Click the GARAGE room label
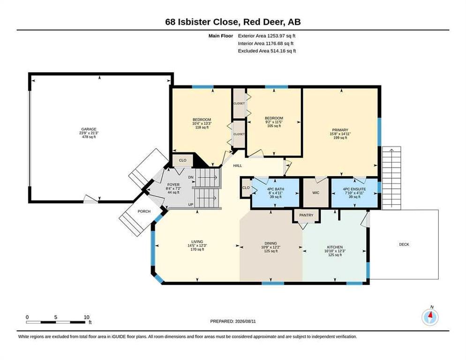click(x=89, y=129)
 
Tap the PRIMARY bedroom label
click(x=340, y=130)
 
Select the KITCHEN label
click(x=335, y=247)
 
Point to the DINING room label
click(x=271, y=243)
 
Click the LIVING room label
click(x=197, y=242)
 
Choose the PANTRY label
click(x=306, y=215)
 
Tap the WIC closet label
click(x=316, y=193)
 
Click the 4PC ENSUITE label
click(x=354, y=189)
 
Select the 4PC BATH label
click(x=276, y=189)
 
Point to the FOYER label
click(x=173, y=185)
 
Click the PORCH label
click(x=144, y=211)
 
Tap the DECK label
click(x=404, y=244)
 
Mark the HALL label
click(x=238, y=165)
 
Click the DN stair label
click(x=191, y=177)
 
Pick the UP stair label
click(x=191, y=204)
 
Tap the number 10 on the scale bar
click(x=86, y=317)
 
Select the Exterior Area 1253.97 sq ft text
click(x=267, y=36)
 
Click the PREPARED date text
click(x=233, y=322)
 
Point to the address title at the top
click(x=233, y=22)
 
